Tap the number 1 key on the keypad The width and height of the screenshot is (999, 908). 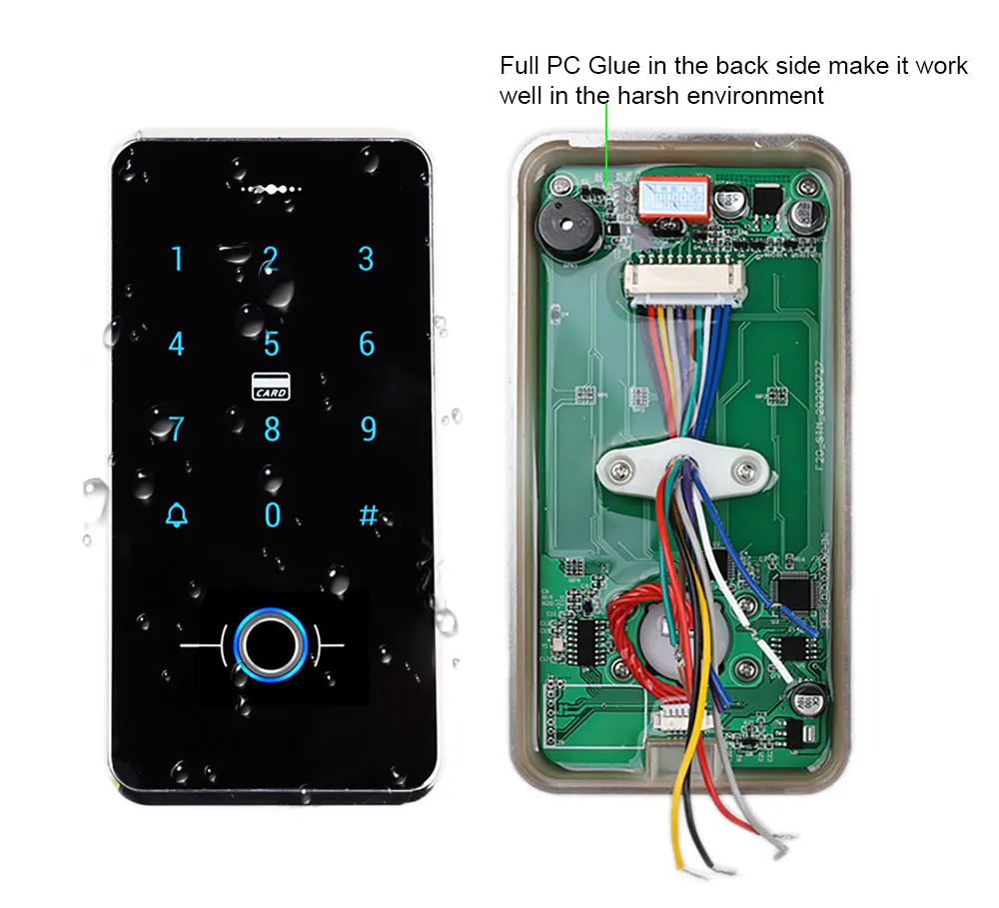tap(178, 260)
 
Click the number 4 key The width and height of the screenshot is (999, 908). tap(177, 345)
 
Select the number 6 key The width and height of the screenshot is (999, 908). tap(367, 344)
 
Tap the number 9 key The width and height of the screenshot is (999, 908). tap(368, 430)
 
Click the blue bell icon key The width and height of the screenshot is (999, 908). tap(177, 515)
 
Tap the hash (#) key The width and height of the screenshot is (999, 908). tap(368, 515)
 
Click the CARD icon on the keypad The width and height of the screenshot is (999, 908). tap(271, 387)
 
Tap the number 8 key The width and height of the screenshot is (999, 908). tap(272, 430)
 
